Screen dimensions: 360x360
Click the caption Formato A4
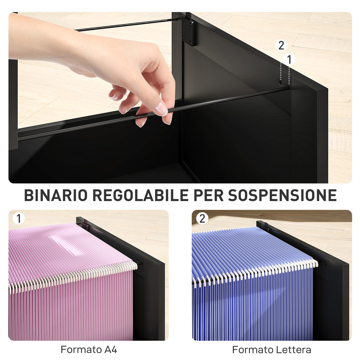pyautogui.click(x=89, y=350)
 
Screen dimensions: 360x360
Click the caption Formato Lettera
pyautogui.click(x=271, y=350)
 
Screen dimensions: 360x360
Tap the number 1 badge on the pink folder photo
pyautogui.click(x=18, y=219)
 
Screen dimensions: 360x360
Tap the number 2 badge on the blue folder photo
pyautogui.click(x=202, y=219)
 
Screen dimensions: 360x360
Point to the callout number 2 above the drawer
pyautogui.click(x=281, y=45)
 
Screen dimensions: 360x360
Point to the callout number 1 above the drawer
pyautogui.click(x=289, y=60)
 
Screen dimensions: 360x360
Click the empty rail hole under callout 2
pyautogui.click(x=281, y=83)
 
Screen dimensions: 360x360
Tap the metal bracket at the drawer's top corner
pyautogui.click(x=188, y=32)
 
